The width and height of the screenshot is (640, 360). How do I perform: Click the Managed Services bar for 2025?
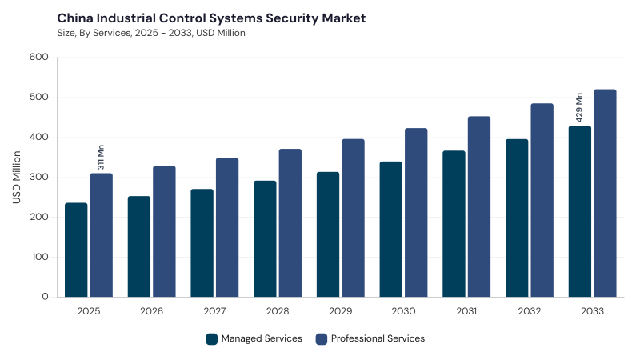tap(76, 250)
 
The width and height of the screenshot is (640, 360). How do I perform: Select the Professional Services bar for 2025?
tap(102, 235)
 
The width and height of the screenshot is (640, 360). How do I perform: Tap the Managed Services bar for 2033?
tap(579, 211)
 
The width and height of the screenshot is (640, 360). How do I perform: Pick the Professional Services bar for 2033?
tap(605, 193)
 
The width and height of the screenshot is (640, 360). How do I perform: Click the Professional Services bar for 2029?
tap(353, 218)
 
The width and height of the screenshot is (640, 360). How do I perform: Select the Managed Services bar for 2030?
tap(390, 230)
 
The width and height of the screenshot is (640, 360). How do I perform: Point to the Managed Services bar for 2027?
tap(202, 243)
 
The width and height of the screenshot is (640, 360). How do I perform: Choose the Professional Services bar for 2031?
tap(479, 206)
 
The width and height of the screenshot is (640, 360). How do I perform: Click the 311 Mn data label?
tap(101, 157)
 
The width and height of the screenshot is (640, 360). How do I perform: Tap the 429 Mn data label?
tap(579, 108)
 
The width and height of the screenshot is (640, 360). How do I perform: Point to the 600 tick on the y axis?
tap(38, 57)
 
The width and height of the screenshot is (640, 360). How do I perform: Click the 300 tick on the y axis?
tap(38, 177)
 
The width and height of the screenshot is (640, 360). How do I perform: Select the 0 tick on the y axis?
tap(45, 297)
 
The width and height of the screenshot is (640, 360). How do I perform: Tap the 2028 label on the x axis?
tap(278, 311)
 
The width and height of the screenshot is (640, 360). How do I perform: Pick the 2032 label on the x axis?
tap(530, 311)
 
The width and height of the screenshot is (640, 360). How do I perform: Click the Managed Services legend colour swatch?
tap(212, 339)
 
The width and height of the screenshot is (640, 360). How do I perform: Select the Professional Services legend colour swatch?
tap(322, 339)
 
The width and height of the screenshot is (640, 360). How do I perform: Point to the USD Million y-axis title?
tap(16, 177)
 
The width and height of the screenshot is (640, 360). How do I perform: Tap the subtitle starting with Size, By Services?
tap(151, 33)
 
